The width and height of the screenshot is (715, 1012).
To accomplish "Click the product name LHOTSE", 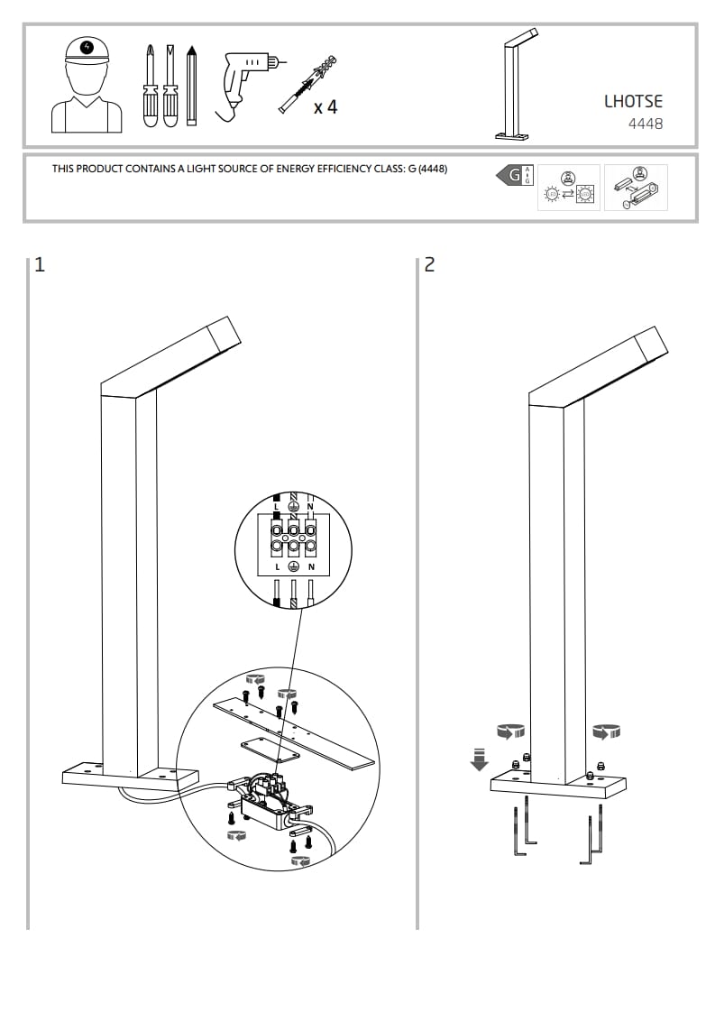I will coord(633,102).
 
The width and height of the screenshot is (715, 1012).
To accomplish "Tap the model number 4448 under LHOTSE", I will coord(646,124).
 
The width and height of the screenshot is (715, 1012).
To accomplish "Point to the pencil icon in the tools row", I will coord(191,85).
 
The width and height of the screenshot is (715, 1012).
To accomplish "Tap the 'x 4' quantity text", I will coord(325,107).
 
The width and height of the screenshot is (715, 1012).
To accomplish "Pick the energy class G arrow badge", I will coord(510,175).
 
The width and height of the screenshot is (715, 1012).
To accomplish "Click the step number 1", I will coord(39,264).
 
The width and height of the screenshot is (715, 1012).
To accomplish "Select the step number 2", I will coord(429,264).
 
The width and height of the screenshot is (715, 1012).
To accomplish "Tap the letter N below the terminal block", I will coord(311,566).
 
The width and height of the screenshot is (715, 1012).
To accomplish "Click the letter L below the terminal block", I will coord(277,566).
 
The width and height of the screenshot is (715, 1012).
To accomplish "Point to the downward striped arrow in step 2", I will coord(479,759).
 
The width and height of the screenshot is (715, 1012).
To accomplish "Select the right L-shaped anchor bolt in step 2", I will coord(591,834).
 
